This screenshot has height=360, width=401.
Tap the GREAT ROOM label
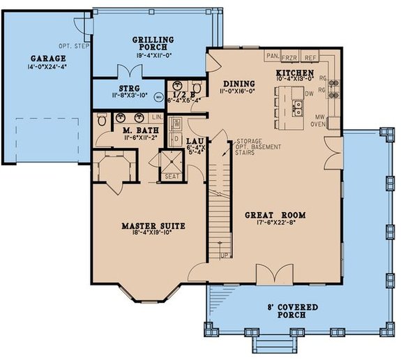pyautogui.click(x=276, y=215)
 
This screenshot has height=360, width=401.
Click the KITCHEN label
pyautogui.click(x=294, y=73)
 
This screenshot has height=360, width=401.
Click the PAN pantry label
pyautogui.click(x=271, y=55)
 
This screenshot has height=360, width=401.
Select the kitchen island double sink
pyautogui.click(x=298, y=107)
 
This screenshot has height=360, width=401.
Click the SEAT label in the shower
pyautogui.click(x=172, y=176)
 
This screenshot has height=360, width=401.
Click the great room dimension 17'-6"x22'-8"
pyautogui.click(x=276, y=224)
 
